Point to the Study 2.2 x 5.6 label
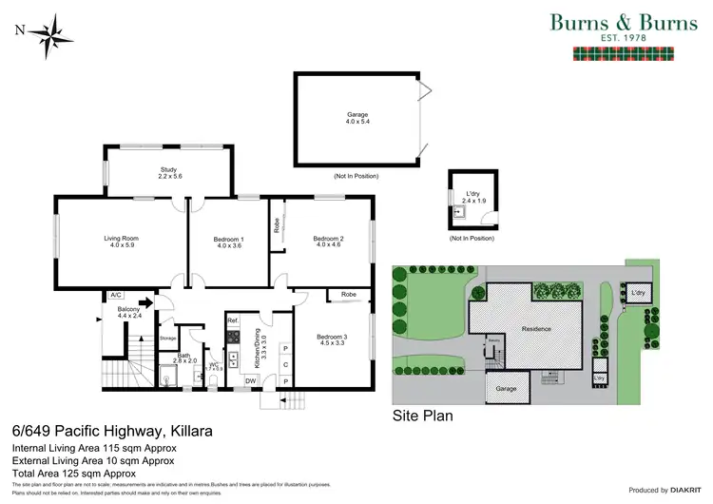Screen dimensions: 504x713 169,173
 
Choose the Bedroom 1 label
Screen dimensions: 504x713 229,242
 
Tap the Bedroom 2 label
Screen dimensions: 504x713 329,242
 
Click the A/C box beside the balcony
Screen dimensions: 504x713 118,295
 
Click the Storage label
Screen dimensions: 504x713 168,338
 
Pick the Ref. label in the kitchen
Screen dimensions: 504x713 232,320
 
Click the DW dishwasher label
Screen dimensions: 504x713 250,380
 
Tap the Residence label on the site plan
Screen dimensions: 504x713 538,328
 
